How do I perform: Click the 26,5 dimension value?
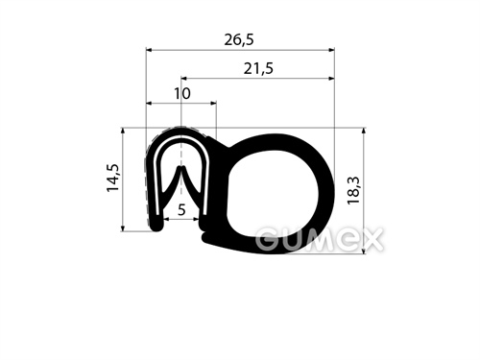(x=239, y=40)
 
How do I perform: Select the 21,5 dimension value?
(x=258, y=68)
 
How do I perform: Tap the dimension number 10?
(x=182, y=93)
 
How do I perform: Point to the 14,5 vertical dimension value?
(x=113, y=178)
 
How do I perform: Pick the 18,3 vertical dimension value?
(x=354, y=190)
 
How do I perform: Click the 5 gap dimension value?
(x=181, y=210)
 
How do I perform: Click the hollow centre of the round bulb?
(x=273, y=192)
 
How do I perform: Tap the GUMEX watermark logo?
(x=319, y=239)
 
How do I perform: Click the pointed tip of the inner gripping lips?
(x=181, y=167)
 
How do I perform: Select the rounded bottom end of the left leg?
(x=156, y=227)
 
